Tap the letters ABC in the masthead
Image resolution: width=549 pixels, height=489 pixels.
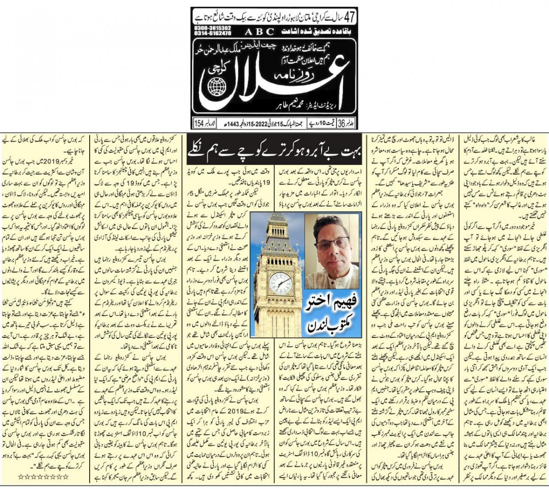click(x=258, y=32)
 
